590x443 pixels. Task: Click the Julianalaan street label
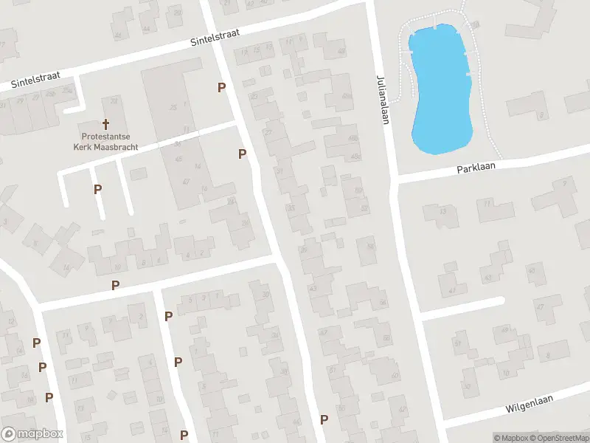pyautogui.click(x=381, y=99)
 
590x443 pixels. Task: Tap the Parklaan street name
pyautogui.click(x=476, y=167)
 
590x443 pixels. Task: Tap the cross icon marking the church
pyautogui.click(x=105, y=124)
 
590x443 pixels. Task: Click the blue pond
pyautogui.click(x=440, y=89)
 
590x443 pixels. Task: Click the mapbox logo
pyautogui.click(x=32, y=434)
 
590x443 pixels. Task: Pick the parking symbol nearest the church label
pyautogui.click(x=97, y=189)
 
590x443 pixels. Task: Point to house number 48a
pyautogui.click(x=347, y=96)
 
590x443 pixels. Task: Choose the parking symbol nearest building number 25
pyautogui.click(x=221, y=88)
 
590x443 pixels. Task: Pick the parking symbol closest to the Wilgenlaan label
pyautogui.click(x=324, y=419)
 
